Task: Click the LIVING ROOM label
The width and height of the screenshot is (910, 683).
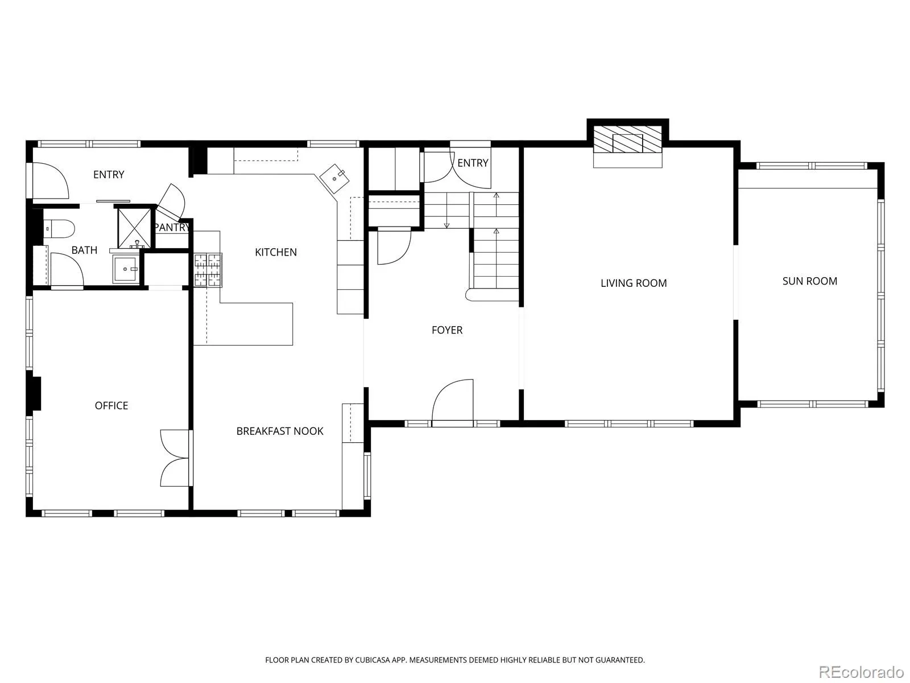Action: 634,283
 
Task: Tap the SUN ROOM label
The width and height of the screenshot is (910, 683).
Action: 810,281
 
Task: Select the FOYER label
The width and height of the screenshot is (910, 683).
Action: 447,330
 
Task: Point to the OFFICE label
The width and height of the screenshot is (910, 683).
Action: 111,406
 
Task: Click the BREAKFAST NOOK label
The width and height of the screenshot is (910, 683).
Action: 280,431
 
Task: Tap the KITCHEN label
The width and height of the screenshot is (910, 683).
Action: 276,252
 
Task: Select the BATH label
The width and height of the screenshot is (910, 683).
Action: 84,250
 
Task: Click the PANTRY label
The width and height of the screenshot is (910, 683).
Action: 172,228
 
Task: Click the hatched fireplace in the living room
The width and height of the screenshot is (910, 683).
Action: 628,139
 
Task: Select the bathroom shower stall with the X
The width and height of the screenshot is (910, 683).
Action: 134,228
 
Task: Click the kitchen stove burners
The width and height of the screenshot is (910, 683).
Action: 208,270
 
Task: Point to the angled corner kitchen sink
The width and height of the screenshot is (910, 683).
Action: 334,179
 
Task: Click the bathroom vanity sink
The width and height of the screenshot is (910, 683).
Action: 126,269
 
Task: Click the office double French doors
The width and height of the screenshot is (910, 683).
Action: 175,458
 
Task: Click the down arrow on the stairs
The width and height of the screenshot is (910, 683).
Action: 446,216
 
